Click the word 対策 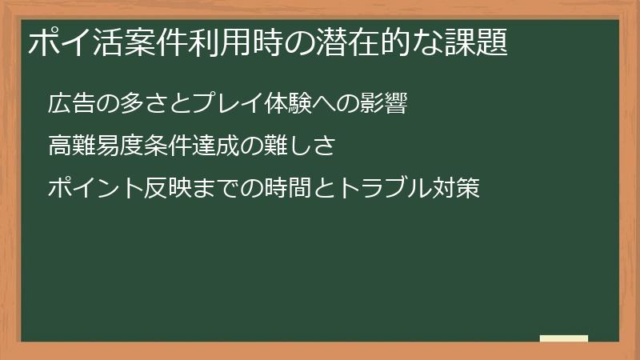pos(457,189)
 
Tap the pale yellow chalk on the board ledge pos(563,338)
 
